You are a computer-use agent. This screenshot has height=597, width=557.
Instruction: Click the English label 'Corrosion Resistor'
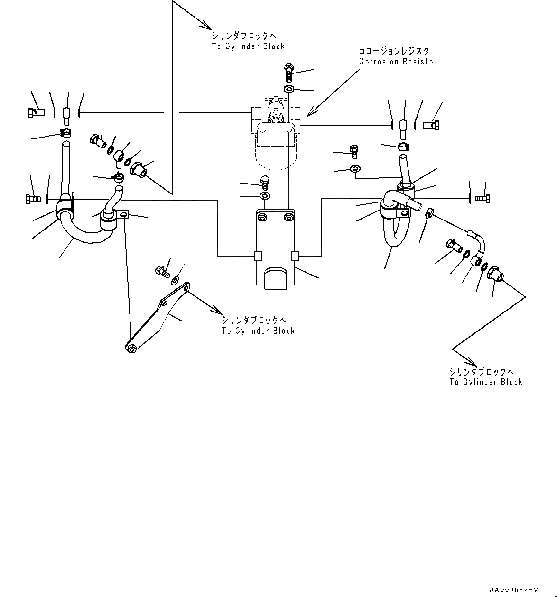(x=398, y=62)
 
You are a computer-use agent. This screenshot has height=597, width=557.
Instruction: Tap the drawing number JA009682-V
(x=513, y=590)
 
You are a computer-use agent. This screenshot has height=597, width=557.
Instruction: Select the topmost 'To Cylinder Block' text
(x=248, y=46)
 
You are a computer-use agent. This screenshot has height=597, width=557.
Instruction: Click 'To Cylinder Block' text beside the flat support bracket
(x=258, y=331)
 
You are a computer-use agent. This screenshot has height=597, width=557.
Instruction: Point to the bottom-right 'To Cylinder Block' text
(x=486, y=382)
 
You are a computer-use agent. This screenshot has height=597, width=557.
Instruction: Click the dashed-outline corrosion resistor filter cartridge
(x=275, y=152)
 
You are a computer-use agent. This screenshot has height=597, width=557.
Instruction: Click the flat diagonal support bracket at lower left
(x=157, y=318)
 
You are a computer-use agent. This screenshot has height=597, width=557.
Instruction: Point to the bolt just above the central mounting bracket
(x=264, y=182)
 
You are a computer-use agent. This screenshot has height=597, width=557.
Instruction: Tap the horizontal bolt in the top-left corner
(x=36, y=112)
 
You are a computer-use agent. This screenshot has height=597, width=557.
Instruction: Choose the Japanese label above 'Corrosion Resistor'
(x=394, y=51)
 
